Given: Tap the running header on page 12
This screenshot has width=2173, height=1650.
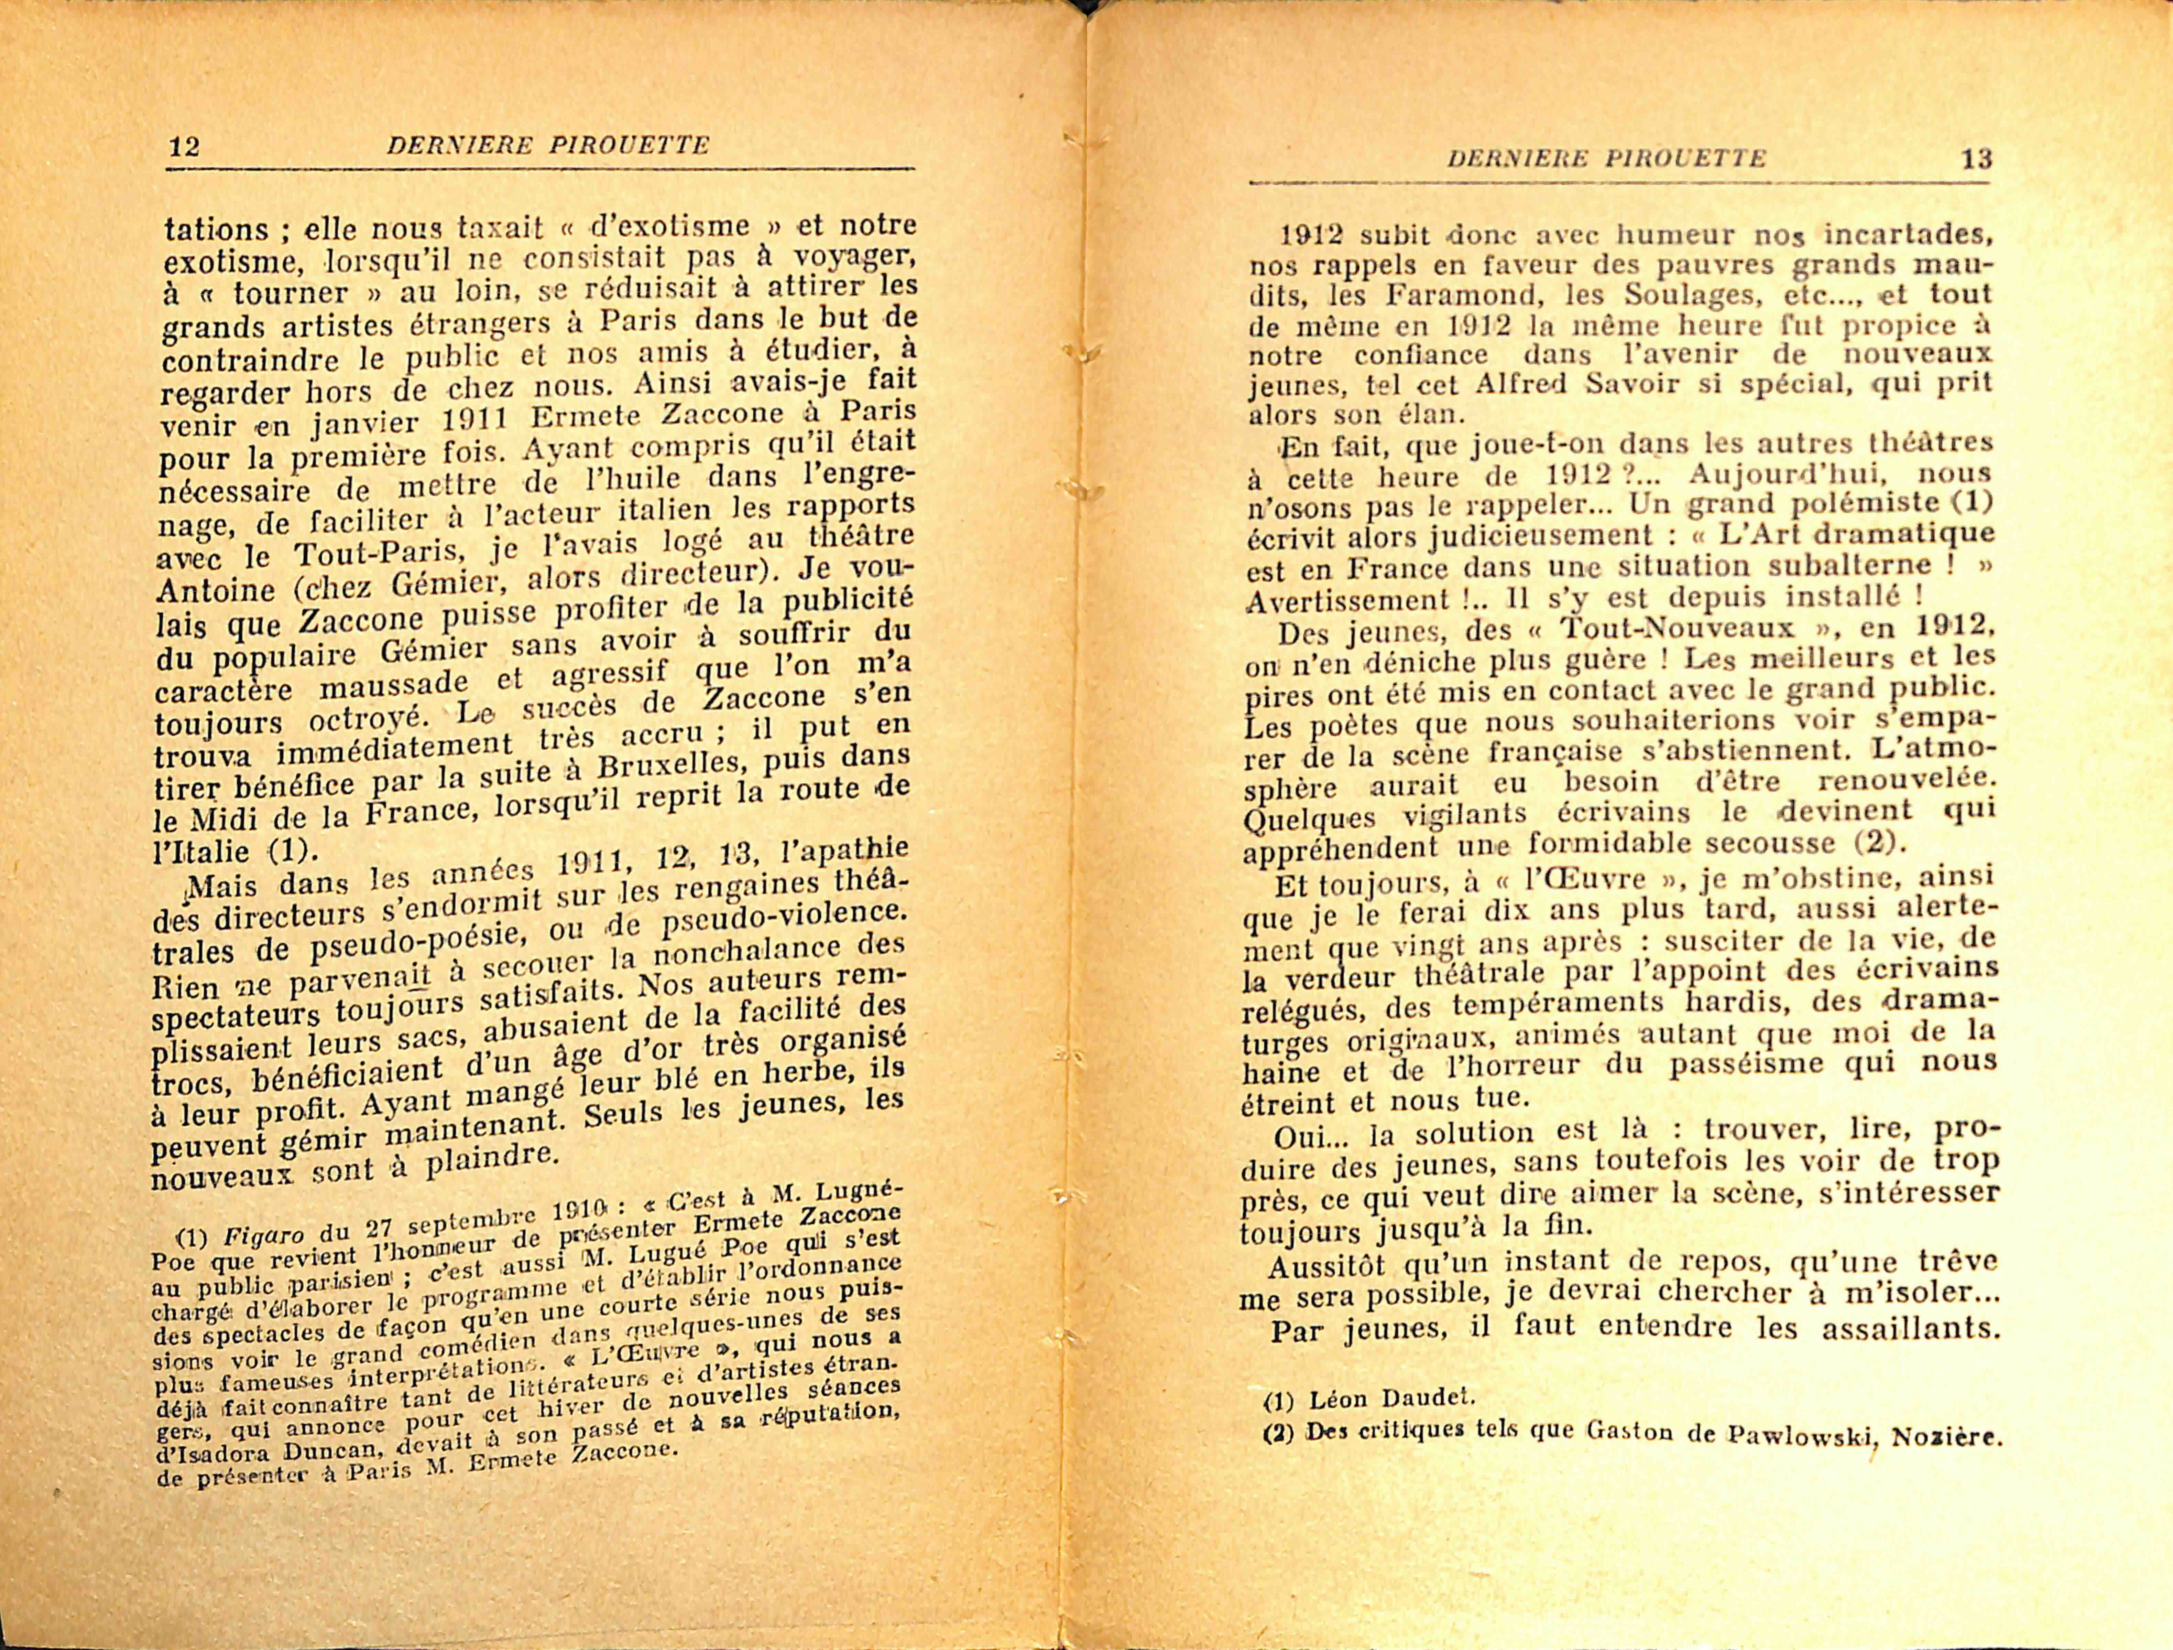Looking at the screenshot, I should [x=547, y=146].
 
